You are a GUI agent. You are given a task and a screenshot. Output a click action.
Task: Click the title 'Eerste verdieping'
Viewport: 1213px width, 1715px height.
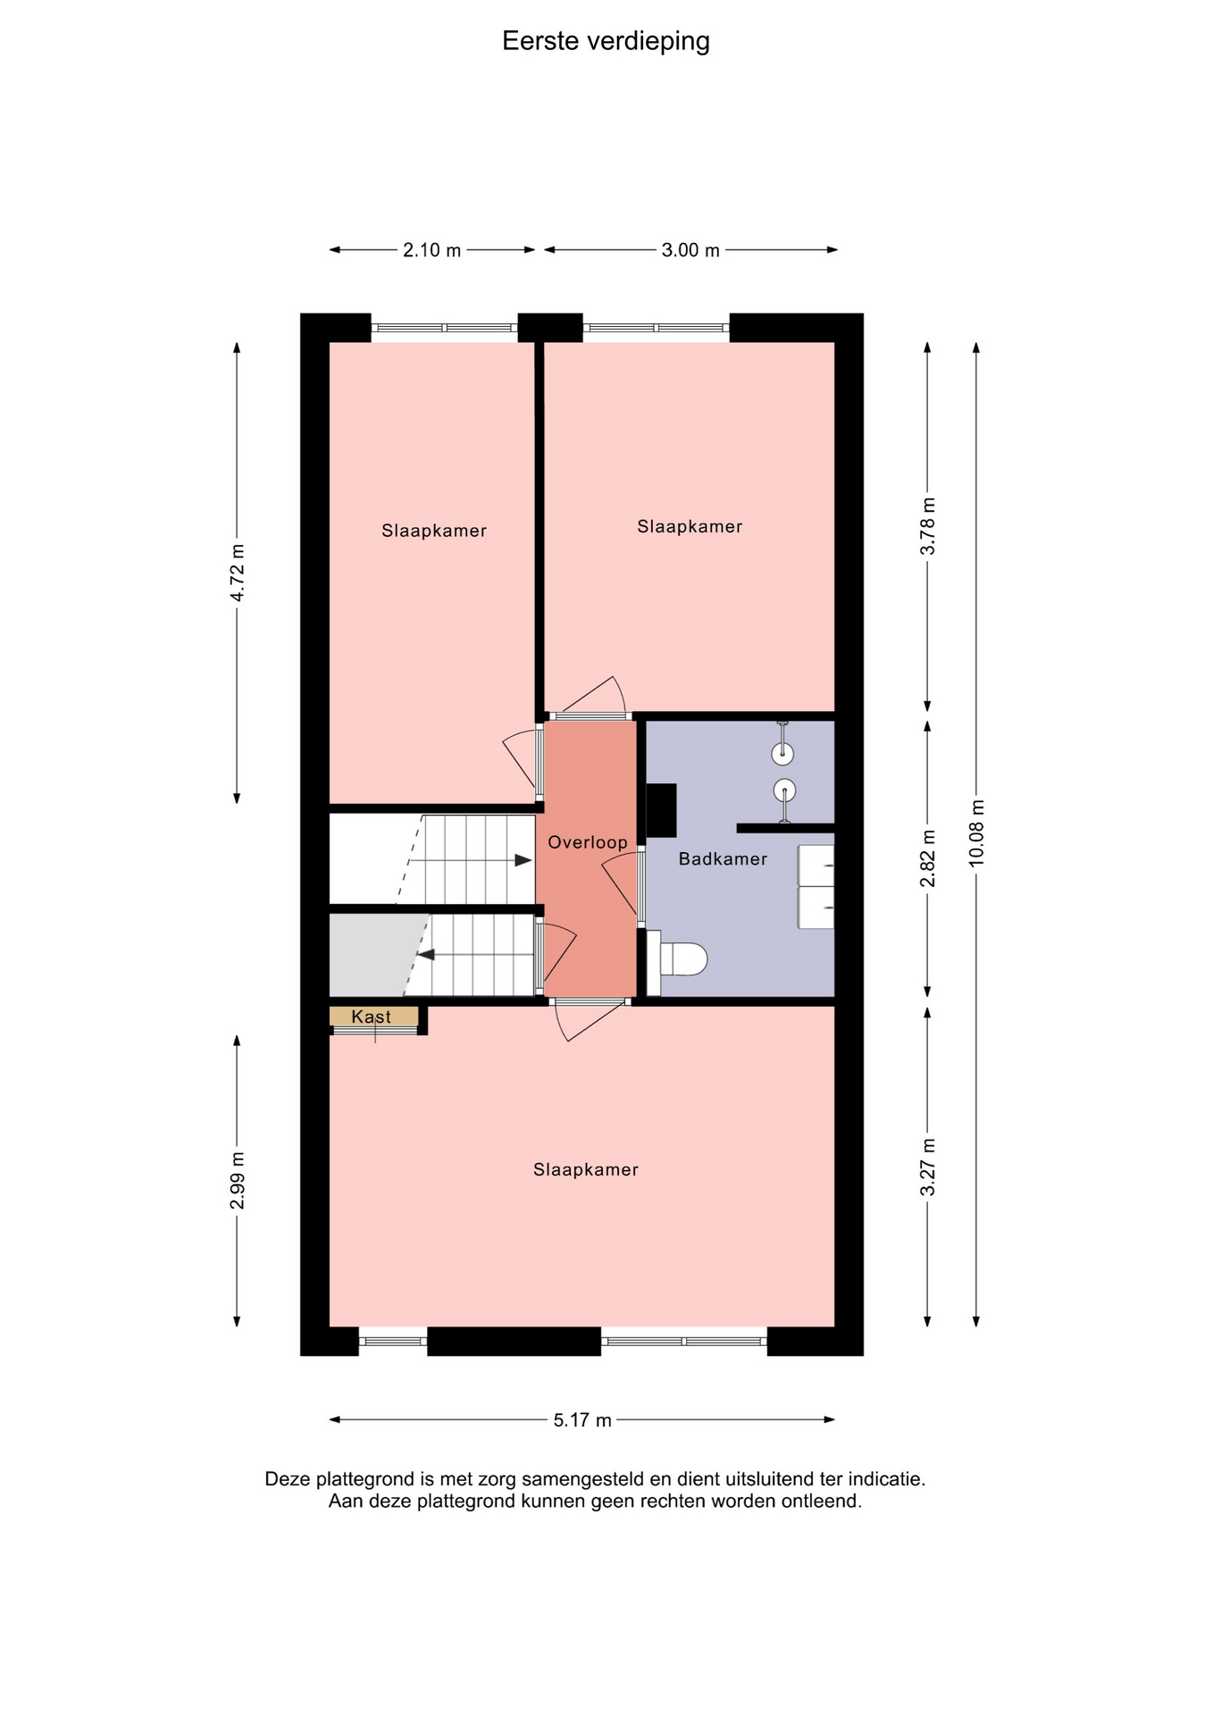tap(606, 42)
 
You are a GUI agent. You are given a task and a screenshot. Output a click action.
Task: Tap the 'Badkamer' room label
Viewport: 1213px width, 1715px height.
tap(723, 859)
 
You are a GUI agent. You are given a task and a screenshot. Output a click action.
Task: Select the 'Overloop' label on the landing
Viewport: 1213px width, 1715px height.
tap(587, 842)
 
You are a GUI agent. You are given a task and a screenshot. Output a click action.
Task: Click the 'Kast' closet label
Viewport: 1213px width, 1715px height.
tap(371, 1016)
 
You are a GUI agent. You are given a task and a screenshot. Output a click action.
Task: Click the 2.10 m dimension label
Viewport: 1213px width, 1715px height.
tap(431, 250)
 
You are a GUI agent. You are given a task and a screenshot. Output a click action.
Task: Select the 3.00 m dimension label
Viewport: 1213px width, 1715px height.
tap(690, 250)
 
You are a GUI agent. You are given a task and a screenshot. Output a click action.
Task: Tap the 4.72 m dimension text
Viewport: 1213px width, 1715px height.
tap(238, 573)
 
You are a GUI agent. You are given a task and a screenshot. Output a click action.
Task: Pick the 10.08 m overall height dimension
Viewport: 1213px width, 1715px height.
tap(976, 832)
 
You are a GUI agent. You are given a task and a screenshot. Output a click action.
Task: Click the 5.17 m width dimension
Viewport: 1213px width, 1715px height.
tap(582, 1420)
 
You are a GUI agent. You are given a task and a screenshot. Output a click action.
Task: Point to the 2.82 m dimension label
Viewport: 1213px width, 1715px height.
tap(928, 858)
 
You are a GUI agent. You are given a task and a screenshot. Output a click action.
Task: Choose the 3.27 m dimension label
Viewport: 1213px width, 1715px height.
tap(928, 1167)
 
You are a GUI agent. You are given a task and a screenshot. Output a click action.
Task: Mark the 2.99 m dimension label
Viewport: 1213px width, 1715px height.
tap(238, 1181)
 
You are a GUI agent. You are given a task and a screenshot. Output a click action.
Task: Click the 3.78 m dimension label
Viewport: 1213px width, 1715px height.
tap(928, 526)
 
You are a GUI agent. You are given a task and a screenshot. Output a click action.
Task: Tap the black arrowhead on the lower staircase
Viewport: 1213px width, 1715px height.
tap(426, 955)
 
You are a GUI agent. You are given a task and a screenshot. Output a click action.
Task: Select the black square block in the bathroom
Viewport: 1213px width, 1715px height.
tap(661, 810)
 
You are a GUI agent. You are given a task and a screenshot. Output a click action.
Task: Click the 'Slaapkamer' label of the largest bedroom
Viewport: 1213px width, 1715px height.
tap(586, 1170)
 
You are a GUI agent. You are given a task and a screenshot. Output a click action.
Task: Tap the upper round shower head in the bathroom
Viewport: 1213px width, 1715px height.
tap(782, 754)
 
